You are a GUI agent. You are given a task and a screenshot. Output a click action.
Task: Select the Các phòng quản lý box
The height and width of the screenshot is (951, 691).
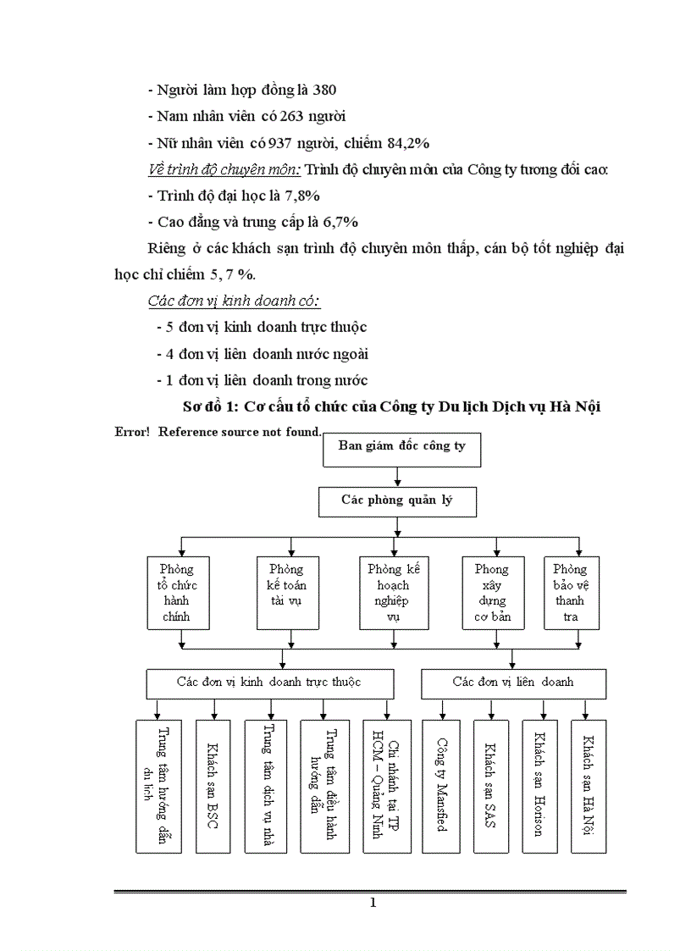pos(397,501)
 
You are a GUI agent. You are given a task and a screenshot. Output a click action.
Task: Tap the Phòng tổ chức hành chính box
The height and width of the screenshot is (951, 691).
pos(176,593)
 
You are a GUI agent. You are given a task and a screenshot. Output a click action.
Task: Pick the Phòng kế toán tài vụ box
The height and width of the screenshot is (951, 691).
pos(286,593)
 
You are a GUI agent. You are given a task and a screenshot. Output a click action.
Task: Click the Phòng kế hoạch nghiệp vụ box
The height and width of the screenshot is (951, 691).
pos(394,593)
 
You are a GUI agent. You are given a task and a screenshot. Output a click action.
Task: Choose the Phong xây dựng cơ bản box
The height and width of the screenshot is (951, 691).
pos(492,593)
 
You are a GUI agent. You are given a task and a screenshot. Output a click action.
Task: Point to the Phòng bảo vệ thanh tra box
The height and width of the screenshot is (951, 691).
pos(571,593)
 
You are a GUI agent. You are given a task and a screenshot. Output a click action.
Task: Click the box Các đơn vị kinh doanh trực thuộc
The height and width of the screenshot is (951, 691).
pos(269,683)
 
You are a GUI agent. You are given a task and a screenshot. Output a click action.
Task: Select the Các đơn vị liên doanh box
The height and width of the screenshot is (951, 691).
pos(513,683)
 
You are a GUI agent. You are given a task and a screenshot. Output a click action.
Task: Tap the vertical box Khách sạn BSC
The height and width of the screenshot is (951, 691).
pos(213,786)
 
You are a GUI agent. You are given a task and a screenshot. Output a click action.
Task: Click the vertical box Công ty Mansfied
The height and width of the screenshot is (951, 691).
pos(440,786)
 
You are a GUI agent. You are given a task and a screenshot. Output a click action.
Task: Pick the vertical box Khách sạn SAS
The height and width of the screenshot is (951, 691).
pos(489,786)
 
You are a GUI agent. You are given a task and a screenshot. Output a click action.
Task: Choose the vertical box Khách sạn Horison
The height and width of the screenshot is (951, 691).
pos(539,786)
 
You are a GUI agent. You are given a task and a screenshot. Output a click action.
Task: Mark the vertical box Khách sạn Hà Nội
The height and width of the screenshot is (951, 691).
pos(588,786)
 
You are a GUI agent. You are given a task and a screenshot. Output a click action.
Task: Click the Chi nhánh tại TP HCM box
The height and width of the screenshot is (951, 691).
pos(386,786)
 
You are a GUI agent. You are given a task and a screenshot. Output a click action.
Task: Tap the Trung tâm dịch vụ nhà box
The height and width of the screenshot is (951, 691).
pos(266,786)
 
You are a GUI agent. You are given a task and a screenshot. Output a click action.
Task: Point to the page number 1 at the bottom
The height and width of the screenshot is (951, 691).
pos(372,903)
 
